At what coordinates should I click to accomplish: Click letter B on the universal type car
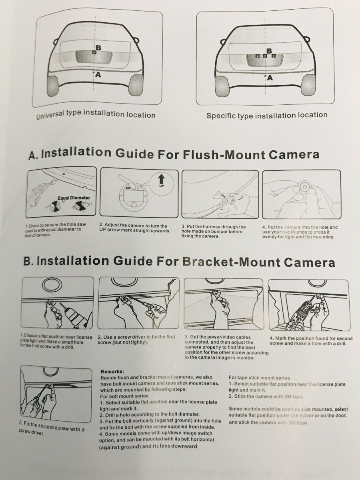click(98, 48)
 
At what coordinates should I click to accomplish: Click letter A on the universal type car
click(98, 74)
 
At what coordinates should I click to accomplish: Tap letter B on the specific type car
click(269, 51)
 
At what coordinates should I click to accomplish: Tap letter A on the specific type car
click(270, 78)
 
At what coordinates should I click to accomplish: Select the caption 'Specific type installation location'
click(267, 116)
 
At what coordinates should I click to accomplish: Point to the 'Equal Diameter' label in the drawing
click(74, 198)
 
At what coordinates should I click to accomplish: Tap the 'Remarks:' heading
click(112, 372)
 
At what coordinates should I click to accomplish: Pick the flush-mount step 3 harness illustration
click(220, 194)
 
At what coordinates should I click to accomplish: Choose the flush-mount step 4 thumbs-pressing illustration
click(301, 194)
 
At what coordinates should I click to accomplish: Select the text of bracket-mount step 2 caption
click(136, 340)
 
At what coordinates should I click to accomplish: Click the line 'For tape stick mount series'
click(259, 377)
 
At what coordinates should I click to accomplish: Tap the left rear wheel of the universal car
click(53, 86)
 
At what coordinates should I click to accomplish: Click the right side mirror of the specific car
click(307, 40)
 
